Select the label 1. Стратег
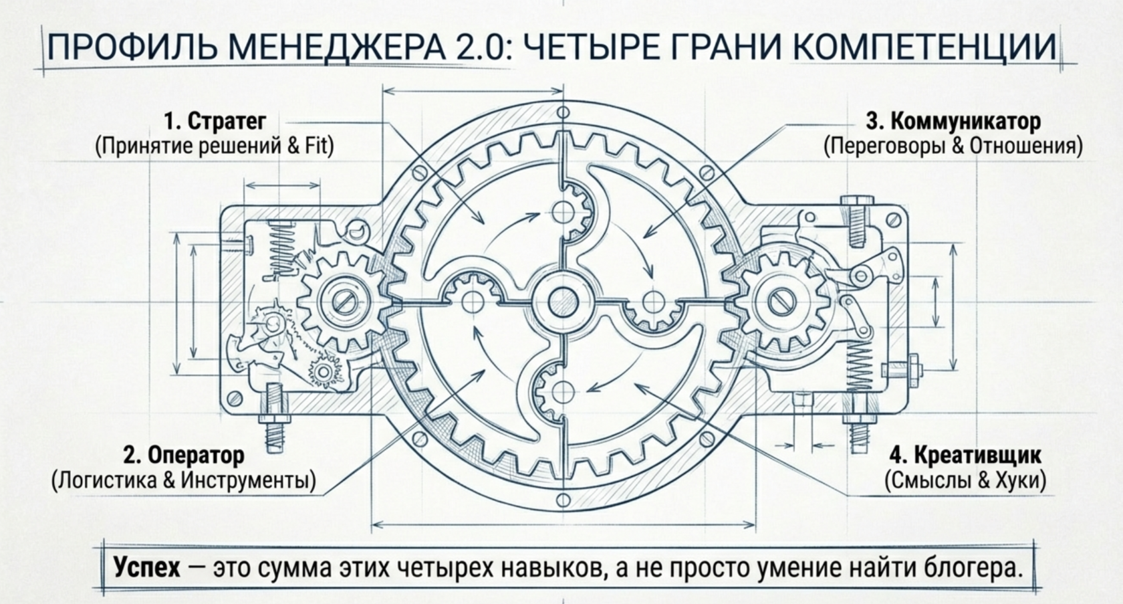[215, 122]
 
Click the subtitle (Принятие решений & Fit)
[215, 146]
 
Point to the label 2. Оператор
[184, 456]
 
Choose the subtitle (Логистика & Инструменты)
[183, 480]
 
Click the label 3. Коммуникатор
[953, 122]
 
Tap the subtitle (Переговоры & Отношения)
[953, 146]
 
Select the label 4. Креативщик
[965, 456]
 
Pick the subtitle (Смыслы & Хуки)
[965, 480]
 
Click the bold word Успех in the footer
[147, 568]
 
